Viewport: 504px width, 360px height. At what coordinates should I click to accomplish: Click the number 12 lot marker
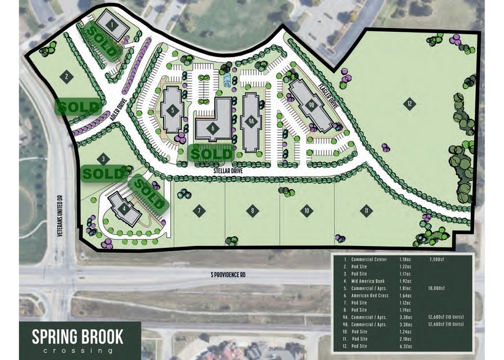pyautogui.click(x=409, y=104)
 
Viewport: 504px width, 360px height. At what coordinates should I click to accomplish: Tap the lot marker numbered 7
pyautogui.click(x=198, y=211)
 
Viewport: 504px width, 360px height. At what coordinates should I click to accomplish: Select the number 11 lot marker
pyautogui.click(x=366, y=211)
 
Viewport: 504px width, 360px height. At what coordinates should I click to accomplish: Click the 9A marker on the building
pyautogui.click(x=250, y=122)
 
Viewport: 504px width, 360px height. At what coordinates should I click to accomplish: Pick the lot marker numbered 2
pyautogui.click(x=67, y=77)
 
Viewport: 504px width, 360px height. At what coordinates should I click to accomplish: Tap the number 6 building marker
pyautogui.click(x=213, y=128)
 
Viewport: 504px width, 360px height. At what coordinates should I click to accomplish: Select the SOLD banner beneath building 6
pyautogui.click(x=211, y=152)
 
